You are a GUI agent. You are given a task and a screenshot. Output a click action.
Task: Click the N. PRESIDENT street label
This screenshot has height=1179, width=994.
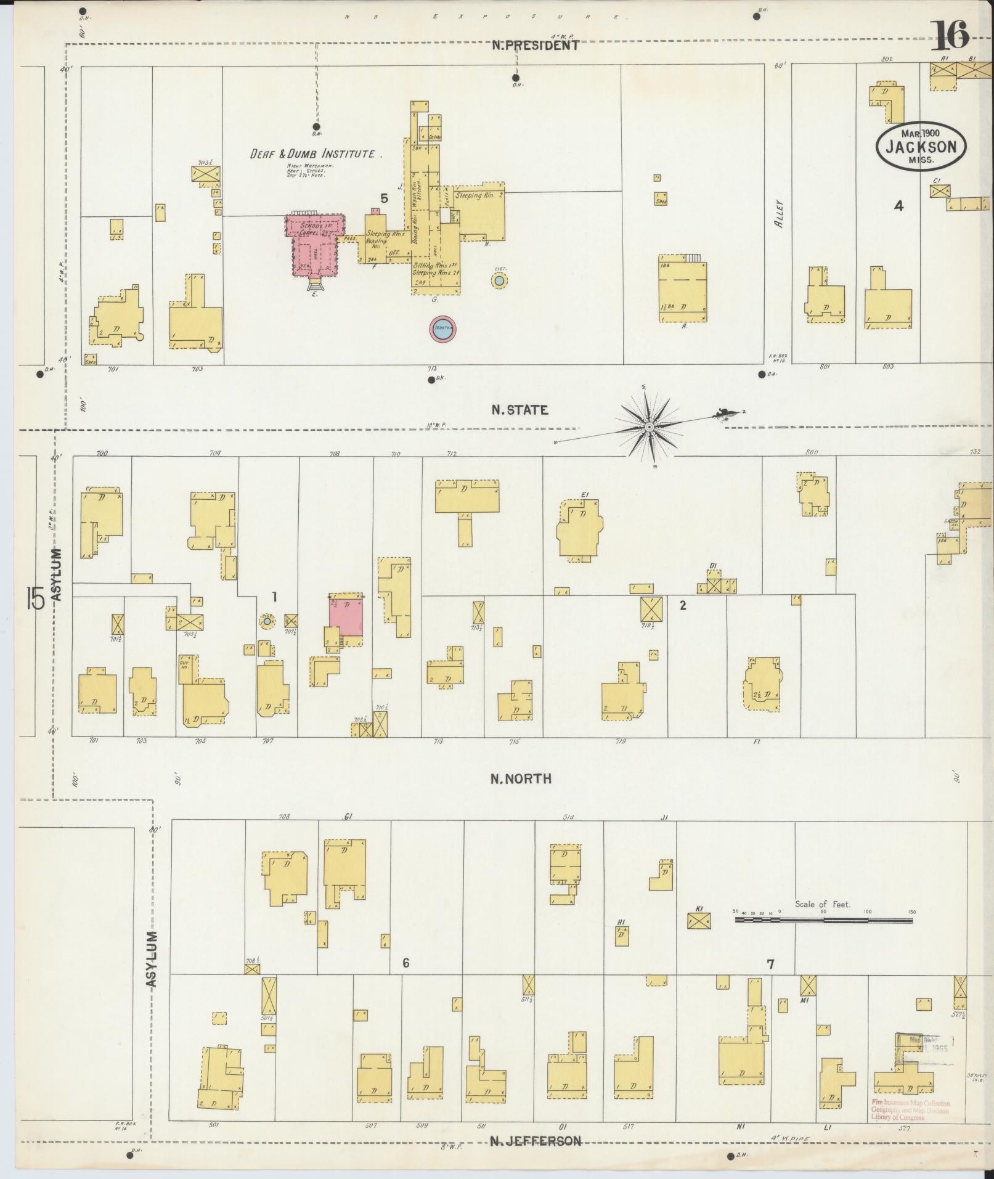[536, 45]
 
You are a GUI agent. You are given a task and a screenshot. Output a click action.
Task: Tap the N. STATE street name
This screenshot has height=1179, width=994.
[519, 410]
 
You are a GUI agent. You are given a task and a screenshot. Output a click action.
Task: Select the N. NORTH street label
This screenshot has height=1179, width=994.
[521, 778]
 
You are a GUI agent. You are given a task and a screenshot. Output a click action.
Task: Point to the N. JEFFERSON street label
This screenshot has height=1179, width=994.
[535, 1141]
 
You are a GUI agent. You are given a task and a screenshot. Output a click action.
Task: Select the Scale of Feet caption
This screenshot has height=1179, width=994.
[822, 904]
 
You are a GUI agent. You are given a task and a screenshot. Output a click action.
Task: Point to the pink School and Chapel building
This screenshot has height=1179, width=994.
[313, 244]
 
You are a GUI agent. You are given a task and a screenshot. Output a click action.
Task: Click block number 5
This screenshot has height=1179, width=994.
[384, 198]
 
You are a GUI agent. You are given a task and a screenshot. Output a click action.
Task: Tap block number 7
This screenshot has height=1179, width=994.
[770, 965]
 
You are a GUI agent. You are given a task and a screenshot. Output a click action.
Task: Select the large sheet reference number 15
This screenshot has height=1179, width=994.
[35, 598]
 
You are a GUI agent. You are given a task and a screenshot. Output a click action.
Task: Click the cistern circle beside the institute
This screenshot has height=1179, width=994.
[499, 281]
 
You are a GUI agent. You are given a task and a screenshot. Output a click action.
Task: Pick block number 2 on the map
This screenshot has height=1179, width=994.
[682, 605]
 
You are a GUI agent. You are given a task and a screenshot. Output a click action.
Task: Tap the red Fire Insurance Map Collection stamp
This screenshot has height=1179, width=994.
[910, 1109]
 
